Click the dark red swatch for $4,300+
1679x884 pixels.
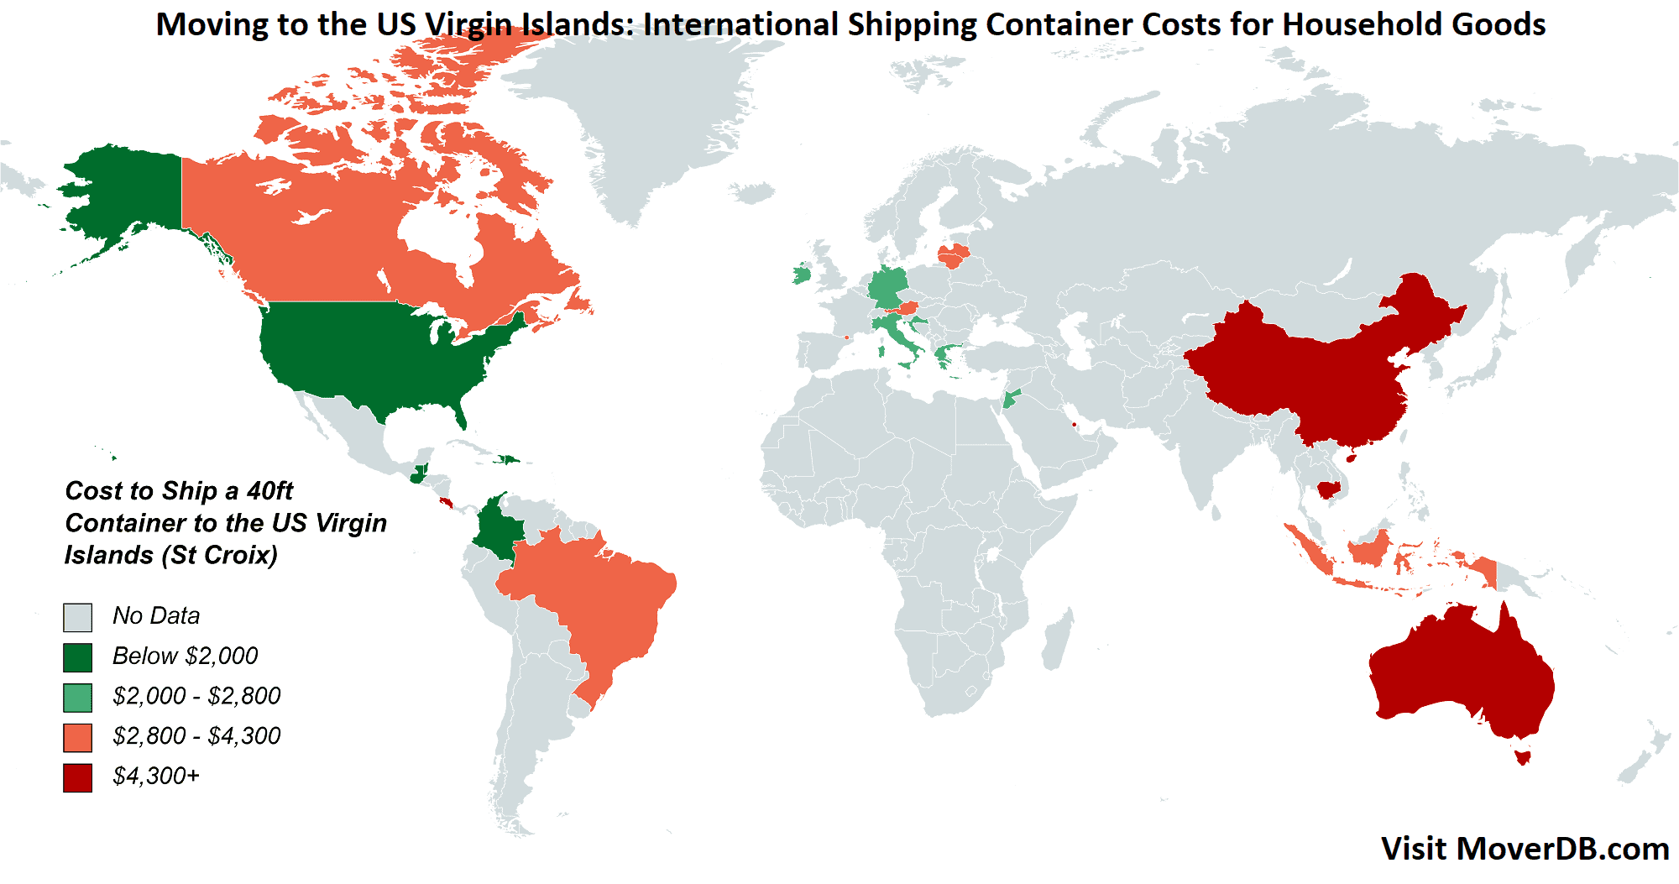(x=77, y=777)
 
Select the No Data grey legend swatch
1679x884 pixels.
(x=77, y=617)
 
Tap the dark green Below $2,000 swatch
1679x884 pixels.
(x=77, y=657)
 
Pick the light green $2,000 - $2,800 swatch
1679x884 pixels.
(x=77, y=698)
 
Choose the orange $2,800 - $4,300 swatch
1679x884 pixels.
(x=77, y=738)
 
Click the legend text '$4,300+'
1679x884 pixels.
(x=156, y=776)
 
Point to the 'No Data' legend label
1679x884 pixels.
(x=156, y=615)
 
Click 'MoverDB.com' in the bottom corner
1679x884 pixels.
(x=1562, y=849)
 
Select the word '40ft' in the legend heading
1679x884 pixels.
(x=269, y=490)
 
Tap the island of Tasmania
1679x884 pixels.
(x=1522, y=756)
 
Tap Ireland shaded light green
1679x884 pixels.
(x=802, y=274)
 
